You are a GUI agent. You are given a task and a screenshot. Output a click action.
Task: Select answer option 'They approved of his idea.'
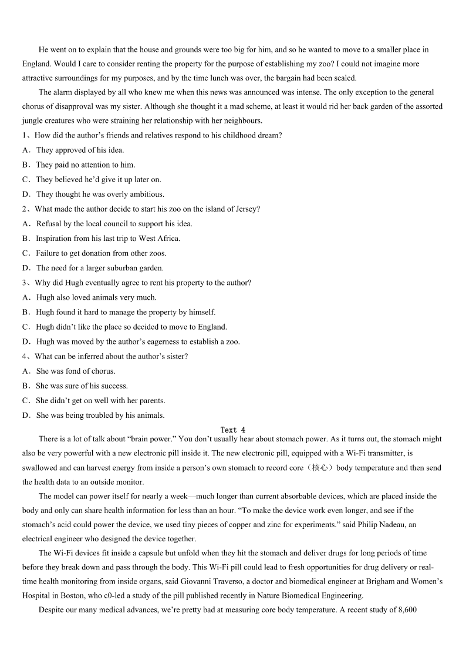80,150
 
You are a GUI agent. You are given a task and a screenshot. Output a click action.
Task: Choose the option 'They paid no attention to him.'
85,165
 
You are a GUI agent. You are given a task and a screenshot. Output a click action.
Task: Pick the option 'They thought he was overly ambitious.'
100,194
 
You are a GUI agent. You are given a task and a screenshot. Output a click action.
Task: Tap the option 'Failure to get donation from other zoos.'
101,253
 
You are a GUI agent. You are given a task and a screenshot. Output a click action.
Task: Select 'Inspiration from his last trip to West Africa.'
108,238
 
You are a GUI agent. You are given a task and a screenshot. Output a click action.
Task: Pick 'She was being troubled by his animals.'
100,416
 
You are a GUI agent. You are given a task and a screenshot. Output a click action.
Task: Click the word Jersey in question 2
245,209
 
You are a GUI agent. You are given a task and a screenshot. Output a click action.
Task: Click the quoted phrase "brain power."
147,439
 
